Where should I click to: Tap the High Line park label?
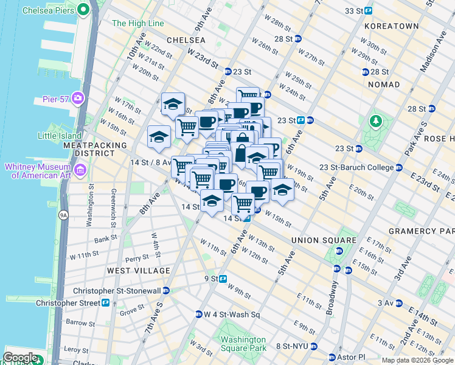pos(138,24)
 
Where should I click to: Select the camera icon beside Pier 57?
pos(78,98)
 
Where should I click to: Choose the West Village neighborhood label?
pos(139,270)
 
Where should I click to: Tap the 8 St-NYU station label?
pos(294,346)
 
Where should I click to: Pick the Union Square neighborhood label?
pos(324,240)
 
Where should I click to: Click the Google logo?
pos(21,357)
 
